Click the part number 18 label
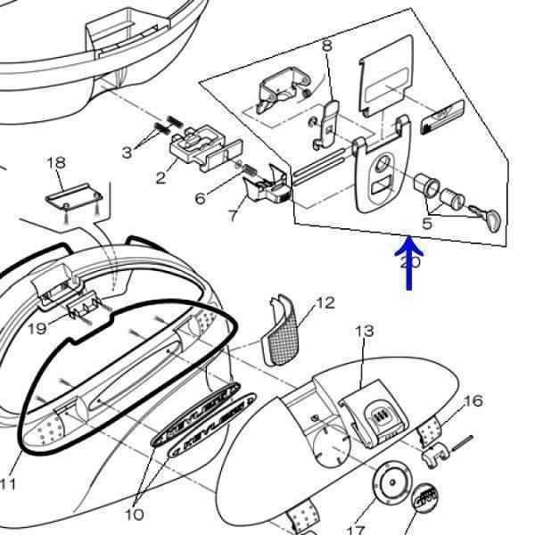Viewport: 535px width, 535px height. (56, 162)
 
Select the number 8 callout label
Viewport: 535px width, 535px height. (326, 45)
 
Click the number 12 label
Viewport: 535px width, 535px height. (325, 303)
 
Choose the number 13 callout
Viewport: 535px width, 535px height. (365, 332)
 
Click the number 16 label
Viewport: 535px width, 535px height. (473, 400)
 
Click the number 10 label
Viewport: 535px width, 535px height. (134, 514)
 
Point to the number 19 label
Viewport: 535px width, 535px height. (36, 329)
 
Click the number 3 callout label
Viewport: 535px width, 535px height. (127, 152)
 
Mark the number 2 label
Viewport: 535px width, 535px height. (160, 177)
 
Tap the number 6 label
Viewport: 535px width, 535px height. (201, 197)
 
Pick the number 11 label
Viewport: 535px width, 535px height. (8, 484)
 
